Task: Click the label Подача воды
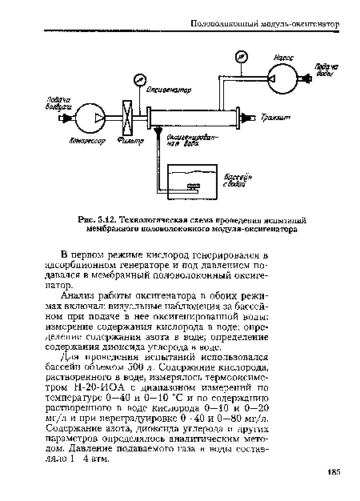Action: click(325, 70)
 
